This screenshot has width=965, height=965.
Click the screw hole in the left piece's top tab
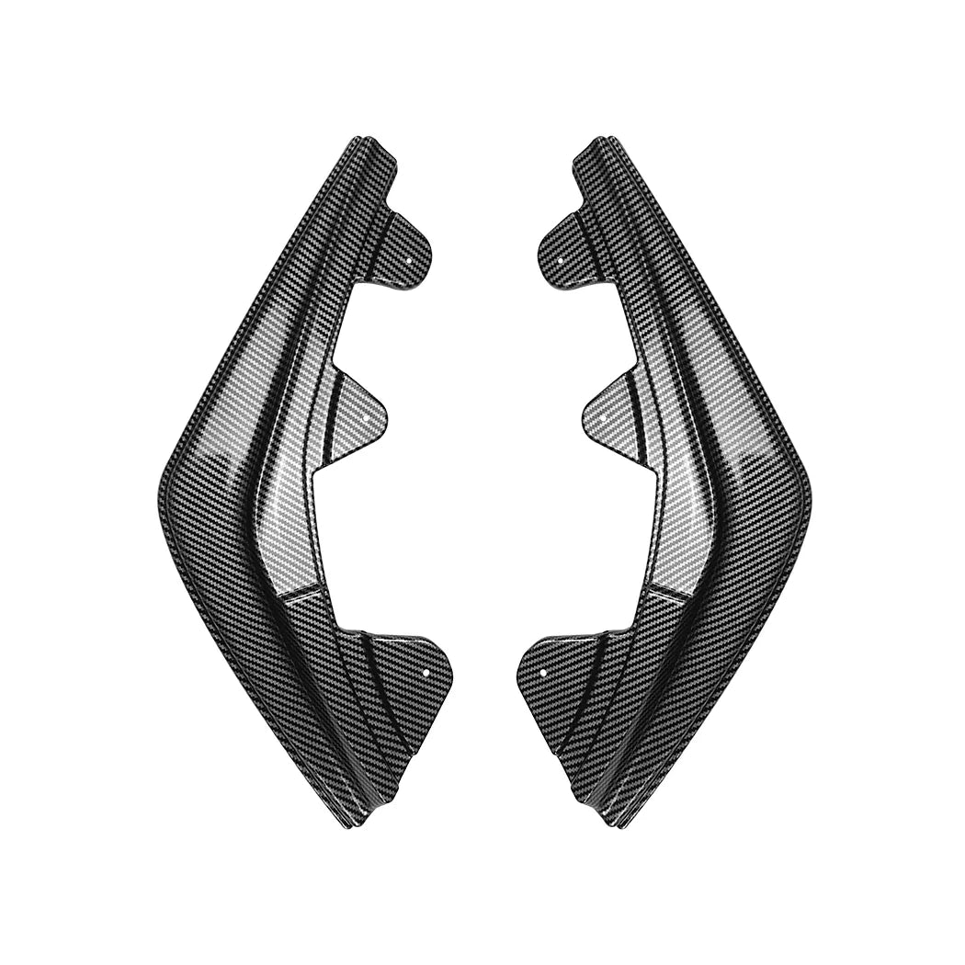pos(408,260)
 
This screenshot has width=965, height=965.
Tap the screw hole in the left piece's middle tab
pos(368,415)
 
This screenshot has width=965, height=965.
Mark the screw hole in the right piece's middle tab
pos(602,415)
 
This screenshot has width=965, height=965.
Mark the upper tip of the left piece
pos(362,142)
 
